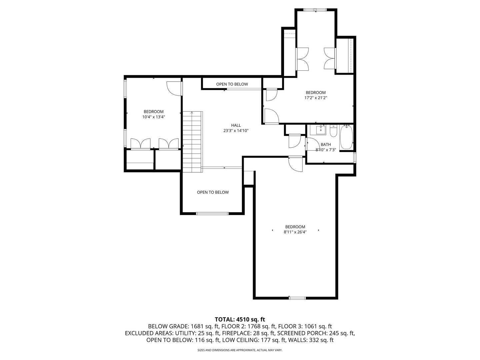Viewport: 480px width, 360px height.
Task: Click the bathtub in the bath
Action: tap(346, 137)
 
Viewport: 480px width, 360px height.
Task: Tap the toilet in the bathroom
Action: tap(333, 131)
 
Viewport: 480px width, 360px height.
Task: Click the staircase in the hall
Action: tap(192, 142)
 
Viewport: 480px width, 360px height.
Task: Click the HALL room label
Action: tap(236, 125)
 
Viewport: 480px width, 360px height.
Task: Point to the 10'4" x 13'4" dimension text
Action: tap(154, 117)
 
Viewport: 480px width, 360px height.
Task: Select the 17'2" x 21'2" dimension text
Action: tap(316, 98)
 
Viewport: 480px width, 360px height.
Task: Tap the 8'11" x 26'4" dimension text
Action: tap(295, 232)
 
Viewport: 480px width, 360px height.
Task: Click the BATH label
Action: tap(326, 144)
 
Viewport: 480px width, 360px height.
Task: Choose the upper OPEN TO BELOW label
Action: tap(232, 84)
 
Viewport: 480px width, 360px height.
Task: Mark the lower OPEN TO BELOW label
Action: tap(213, 192)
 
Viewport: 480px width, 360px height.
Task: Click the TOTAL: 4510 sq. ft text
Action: tap(240, 319)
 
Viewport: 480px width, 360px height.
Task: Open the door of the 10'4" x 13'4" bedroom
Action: tap(174, 88)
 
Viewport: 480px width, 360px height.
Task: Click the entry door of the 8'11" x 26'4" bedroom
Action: tap(295, 164)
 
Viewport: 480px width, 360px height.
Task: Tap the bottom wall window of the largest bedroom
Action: tap(297, 298)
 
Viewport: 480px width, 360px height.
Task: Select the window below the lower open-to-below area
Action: tap(212, 213)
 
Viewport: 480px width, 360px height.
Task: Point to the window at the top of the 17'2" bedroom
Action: tap(315, 10)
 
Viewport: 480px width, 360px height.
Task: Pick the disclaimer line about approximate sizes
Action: tap(240, 350)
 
